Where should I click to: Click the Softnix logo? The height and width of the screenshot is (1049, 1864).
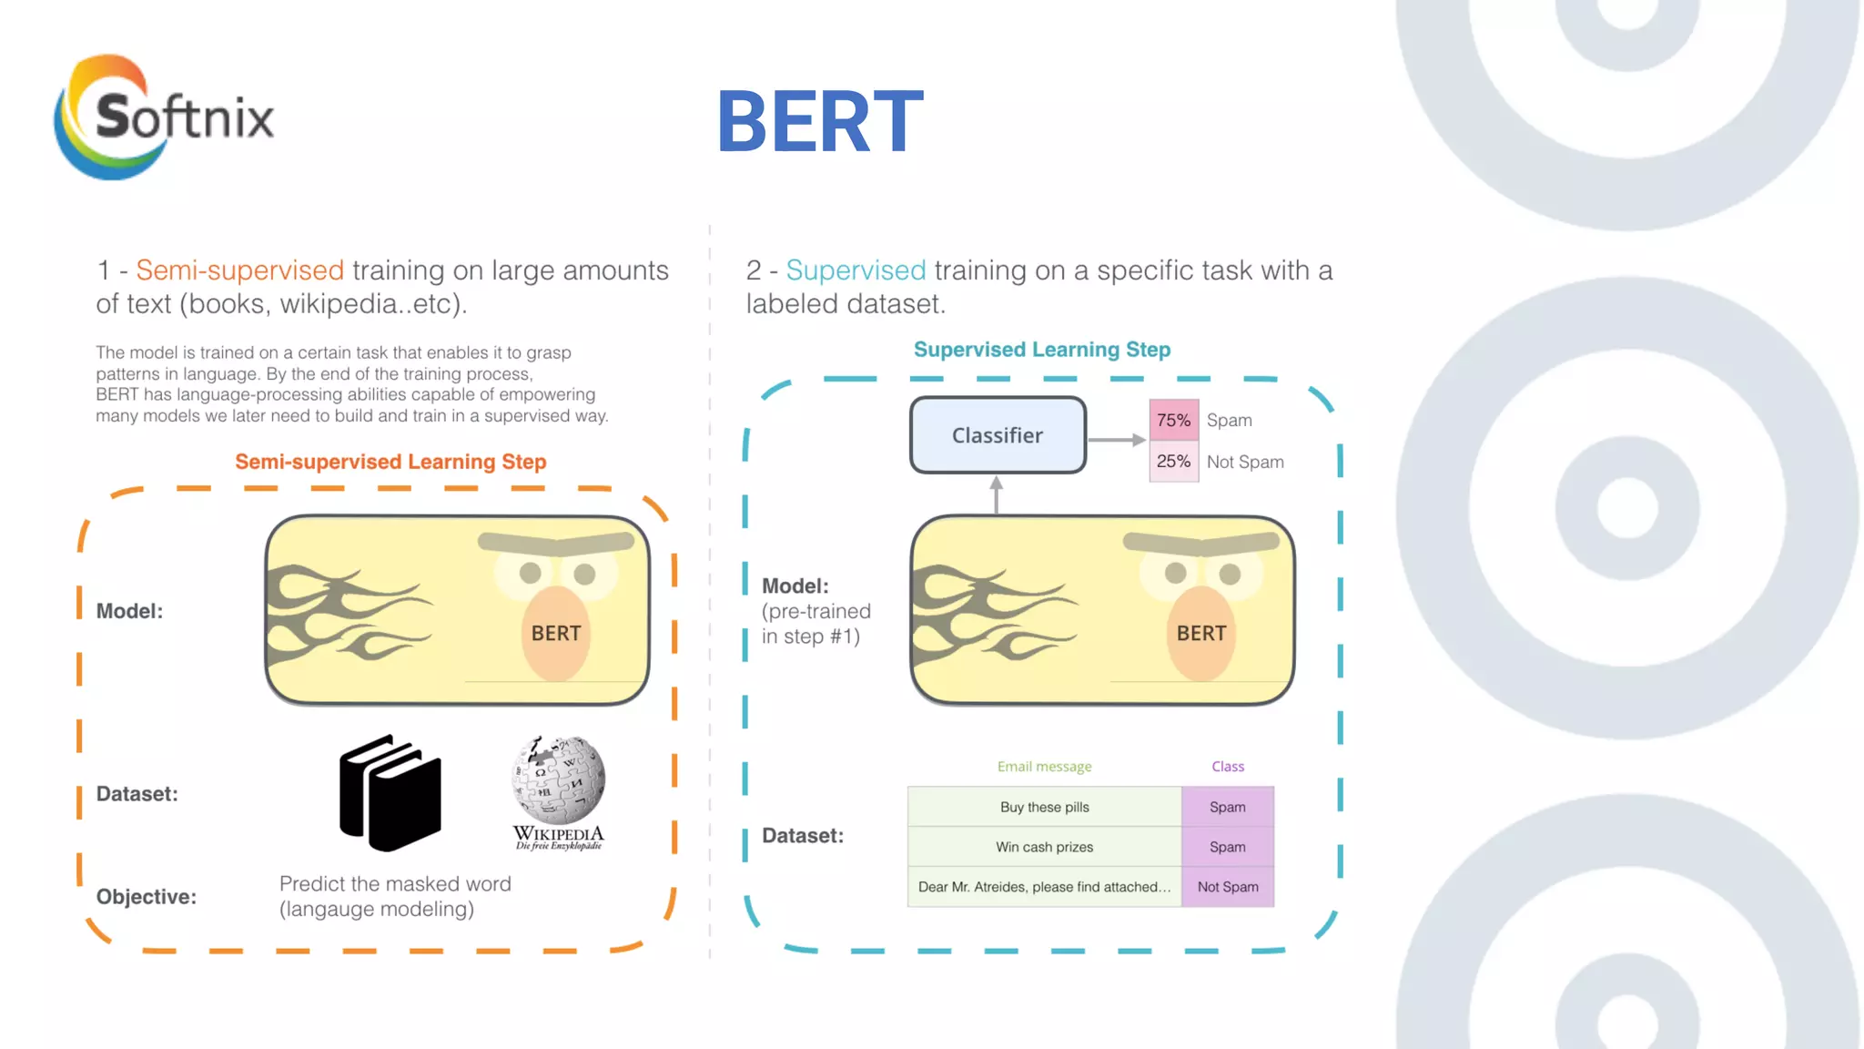(164, 117)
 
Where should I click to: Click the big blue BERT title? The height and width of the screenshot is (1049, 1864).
(820, 122)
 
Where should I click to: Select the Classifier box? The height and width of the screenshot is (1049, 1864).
(998, 435)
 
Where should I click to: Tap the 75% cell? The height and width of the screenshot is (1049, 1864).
(1173, 421)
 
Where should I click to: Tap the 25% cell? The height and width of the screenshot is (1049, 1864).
(1173, 462)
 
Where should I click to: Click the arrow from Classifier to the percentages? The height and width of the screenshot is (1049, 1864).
(1117, 440)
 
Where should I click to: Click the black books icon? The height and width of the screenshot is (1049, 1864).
(390, 792)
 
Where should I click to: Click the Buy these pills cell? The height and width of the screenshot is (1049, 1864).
(1044, 807)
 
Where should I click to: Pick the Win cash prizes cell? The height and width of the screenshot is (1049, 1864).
(1044, 847)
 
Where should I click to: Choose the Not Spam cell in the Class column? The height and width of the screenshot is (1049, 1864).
(1227, 887)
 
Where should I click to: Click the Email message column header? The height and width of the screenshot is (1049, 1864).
(1044, 767)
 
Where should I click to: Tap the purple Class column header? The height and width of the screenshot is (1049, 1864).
(1227, 767)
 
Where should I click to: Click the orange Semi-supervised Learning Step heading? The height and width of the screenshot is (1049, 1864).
(390, 462)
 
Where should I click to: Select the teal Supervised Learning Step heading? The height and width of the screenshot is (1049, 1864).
(1041, 350)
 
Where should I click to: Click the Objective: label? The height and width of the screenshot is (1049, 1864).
(147, 897)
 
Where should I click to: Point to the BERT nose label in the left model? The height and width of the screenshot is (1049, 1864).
(555, 634)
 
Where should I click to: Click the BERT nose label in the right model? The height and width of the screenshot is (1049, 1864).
(1200, 634)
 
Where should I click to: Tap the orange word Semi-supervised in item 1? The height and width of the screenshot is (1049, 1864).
(240, 270)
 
